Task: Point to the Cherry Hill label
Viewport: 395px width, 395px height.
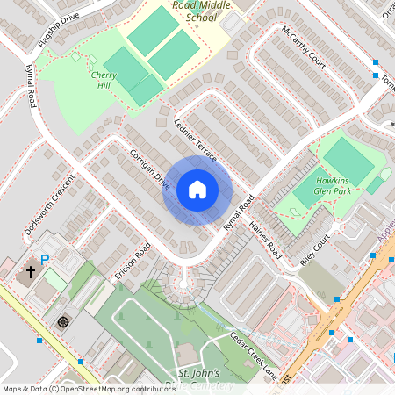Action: click(104, 81)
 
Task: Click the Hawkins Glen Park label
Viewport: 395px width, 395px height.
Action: click(333, 185)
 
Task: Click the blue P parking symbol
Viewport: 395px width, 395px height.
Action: click(45, 260)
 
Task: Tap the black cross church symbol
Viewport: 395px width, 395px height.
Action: click(30, 272)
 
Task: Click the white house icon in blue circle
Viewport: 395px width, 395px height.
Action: click(197, 190)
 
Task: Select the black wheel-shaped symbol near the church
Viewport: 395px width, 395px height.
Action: click(63, 321)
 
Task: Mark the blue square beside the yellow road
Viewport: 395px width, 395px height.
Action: click(39, 340)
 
